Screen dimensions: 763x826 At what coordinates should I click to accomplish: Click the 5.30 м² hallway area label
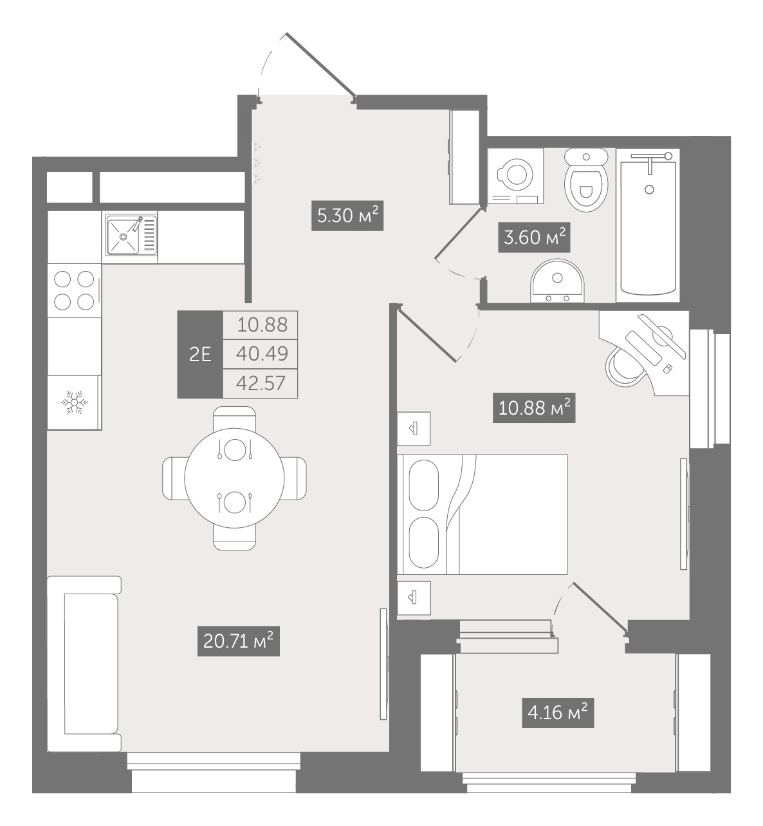coord(347,216)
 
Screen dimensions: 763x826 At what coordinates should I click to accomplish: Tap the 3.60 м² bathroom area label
coord(535,238)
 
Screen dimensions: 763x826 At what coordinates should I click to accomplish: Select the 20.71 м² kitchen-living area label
coord(238,641)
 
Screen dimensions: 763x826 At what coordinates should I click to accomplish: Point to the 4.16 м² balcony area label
coord(558,713)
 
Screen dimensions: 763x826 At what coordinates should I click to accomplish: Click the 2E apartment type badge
coord(200,354)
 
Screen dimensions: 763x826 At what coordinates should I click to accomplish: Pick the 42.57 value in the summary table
coord(262,384)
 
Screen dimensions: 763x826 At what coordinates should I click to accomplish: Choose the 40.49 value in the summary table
coord(262,354)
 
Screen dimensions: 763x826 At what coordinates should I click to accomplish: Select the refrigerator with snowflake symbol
coord(75,402)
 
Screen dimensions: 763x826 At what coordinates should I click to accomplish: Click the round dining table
coord(234,478)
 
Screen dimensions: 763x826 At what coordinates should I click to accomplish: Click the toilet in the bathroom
coord(586,180)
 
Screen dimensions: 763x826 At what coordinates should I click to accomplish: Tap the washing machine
coord(515,176)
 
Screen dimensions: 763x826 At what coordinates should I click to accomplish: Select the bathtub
coord(648,225)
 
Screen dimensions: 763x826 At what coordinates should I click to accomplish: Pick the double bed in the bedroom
coord(483,514)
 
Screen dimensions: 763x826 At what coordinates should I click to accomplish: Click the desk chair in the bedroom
coord(623,364)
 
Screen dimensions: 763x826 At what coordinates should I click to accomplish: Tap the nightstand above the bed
coord(414,429)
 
